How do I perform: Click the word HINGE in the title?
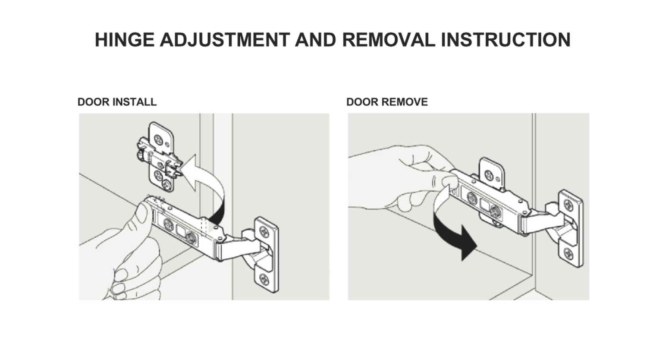point(124,40)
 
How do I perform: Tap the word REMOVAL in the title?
point(389,40)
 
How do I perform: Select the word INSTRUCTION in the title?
point(506,40)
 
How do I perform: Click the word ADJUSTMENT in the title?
point(225,40)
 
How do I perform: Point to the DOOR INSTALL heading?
point(117,102)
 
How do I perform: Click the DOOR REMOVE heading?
point(387,102)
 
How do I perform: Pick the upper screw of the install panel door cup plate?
point(264,231)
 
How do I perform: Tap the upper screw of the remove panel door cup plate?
point(568,205)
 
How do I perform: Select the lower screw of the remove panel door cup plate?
point(568,254)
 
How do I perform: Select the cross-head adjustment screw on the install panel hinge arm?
point(168,224)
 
